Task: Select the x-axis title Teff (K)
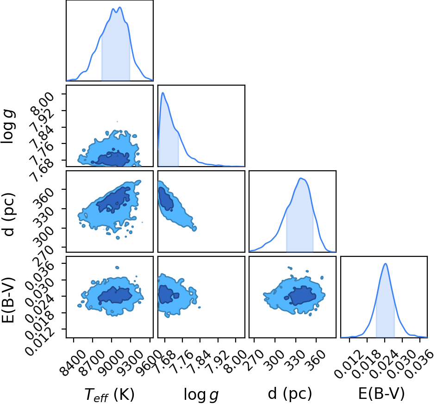point(110,395)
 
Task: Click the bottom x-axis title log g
point(201,395)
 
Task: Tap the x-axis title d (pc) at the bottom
point(290,394)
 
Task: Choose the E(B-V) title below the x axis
point(381,394)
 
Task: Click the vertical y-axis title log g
point(8,127)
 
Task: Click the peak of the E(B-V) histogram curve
point(386,263)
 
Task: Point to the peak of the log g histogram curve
point(163,93)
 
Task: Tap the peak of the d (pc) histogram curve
point(300,178)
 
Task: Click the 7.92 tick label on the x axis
point(220,361)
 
